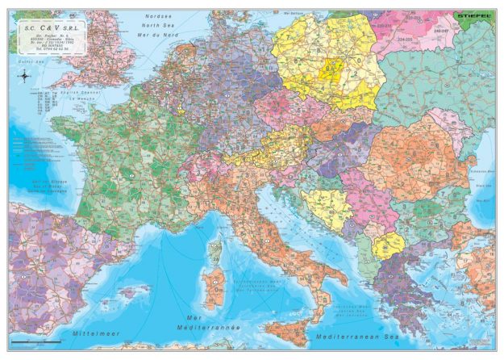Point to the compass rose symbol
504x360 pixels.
pos(25,77)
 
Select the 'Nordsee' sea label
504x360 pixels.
pos(158,15)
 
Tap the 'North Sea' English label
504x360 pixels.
pos(158,25)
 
